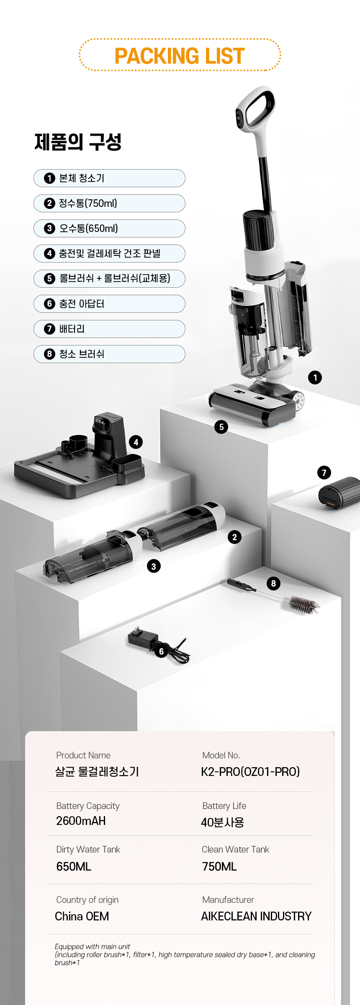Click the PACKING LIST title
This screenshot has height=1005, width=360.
tap(180, 56)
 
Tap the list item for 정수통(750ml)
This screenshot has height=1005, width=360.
tap(109, 203)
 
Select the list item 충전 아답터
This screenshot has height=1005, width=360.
tap(109, 304)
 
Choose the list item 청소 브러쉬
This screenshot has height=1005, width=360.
tap(109, 354)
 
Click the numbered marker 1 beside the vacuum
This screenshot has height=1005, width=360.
tap(315, 377)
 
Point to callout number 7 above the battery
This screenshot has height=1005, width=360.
tap(324, 473)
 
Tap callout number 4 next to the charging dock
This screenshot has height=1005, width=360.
tap(136, 442)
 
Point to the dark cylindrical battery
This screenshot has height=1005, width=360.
tap(339, 493)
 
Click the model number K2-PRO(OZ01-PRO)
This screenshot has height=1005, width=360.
tap(250, 772)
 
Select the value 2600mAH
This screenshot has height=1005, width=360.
tap(81, 821)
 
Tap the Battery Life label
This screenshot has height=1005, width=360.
tap(224, 806)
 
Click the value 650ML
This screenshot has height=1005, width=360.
tap(74, 866)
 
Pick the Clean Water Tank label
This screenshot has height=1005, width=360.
tap(235, 850)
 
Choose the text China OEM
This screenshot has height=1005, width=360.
tap(82, 916)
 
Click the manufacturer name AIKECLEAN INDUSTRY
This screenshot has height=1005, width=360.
tap(256, 916)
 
